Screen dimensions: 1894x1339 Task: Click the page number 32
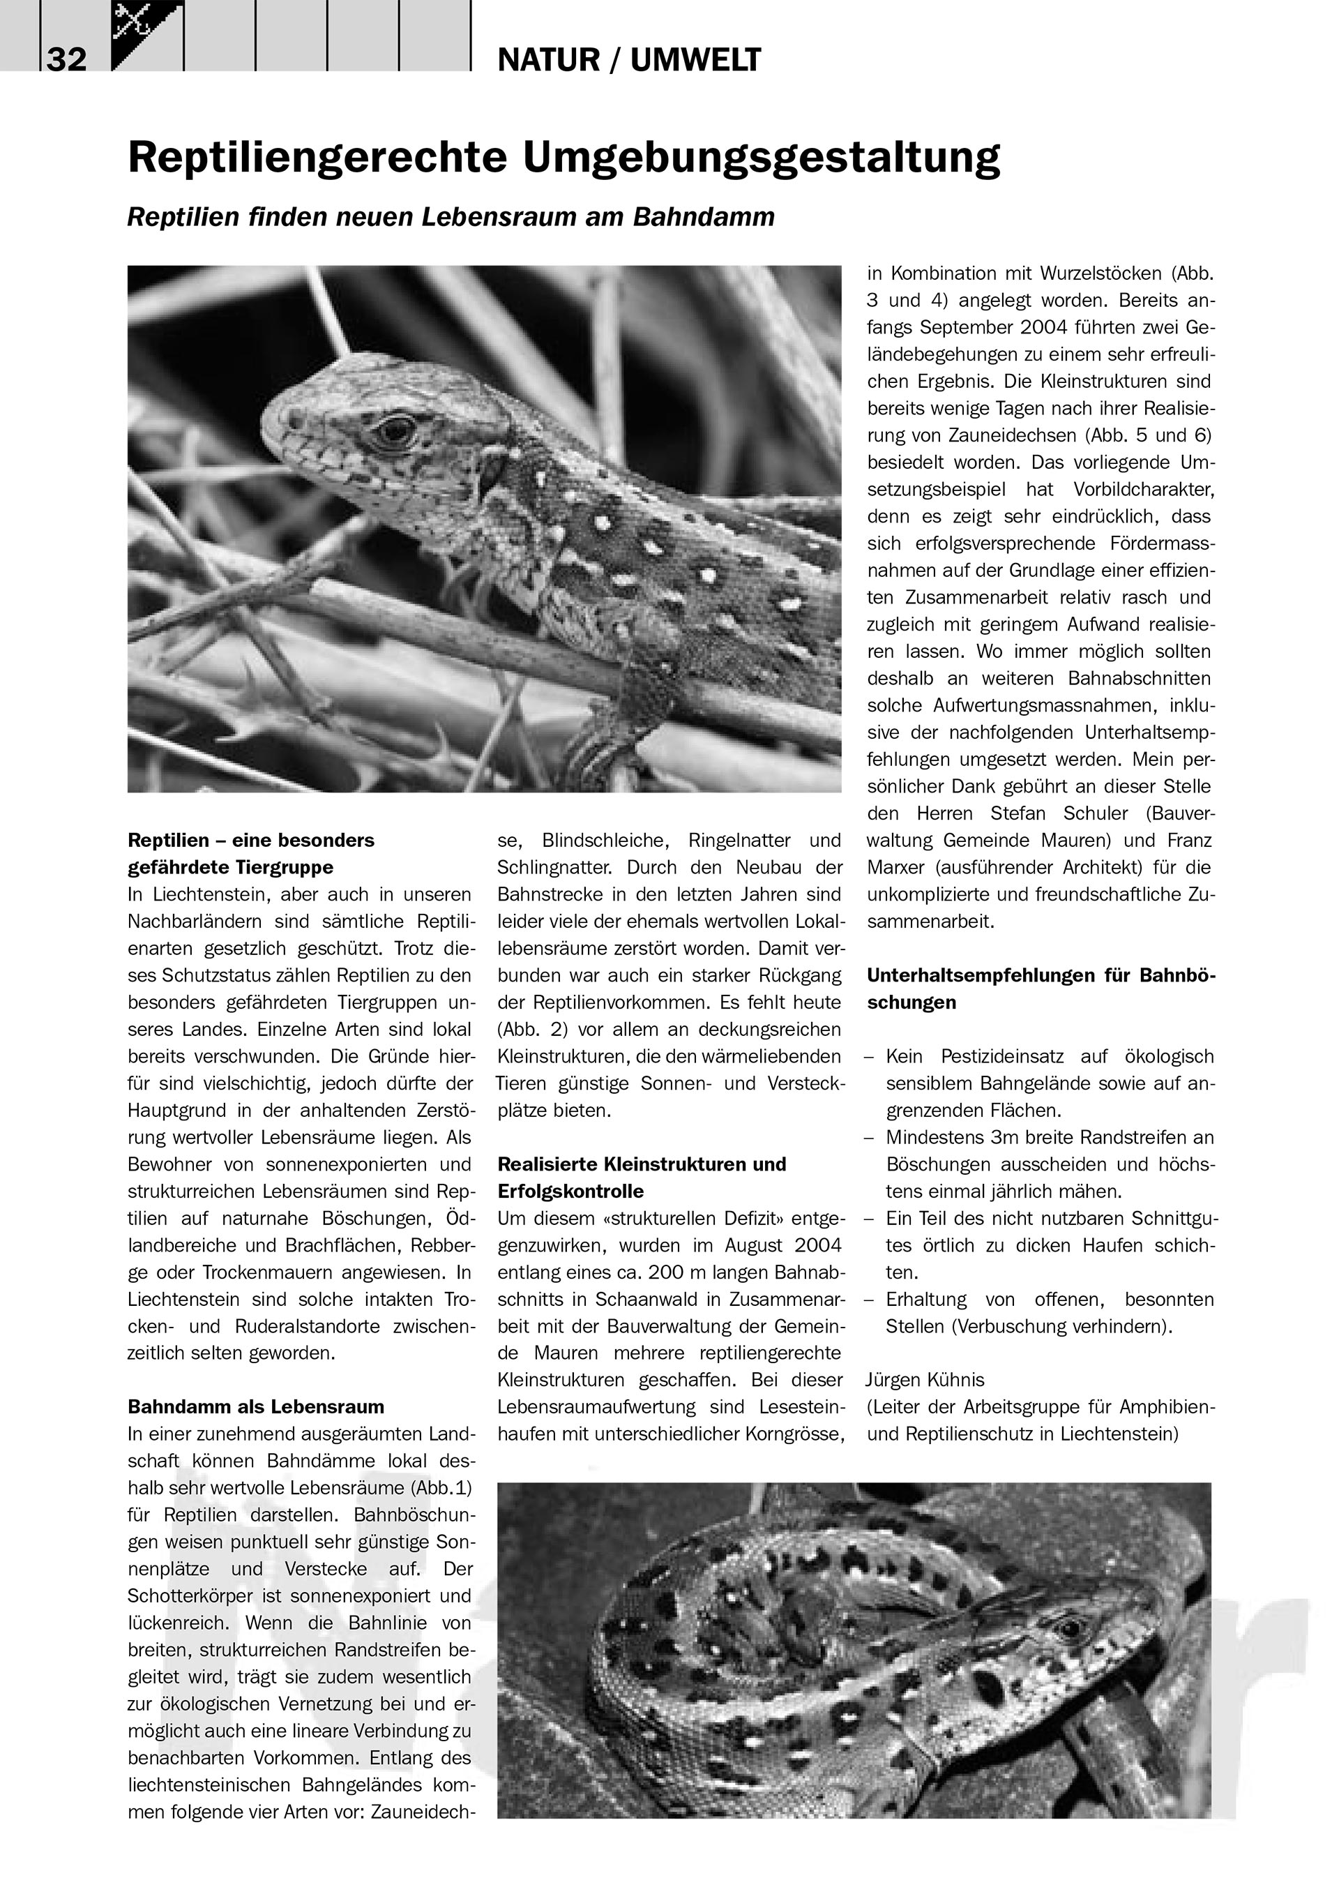[x=67, y=60]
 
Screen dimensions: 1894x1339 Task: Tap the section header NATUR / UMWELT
[x=629, y=60]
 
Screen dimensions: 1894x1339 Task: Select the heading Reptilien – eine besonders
[x=250, y=840]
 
